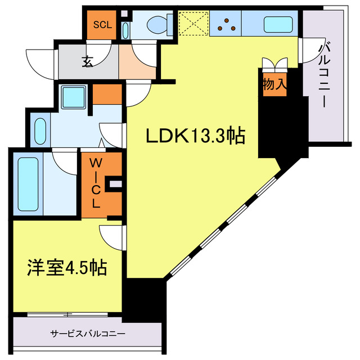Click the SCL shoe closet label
[x=103, y=24]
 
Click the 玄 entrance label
[x=88, y=62]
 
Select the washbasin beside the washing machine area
[x=40, y=130]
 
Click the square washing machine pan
[x=73, y=97]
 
